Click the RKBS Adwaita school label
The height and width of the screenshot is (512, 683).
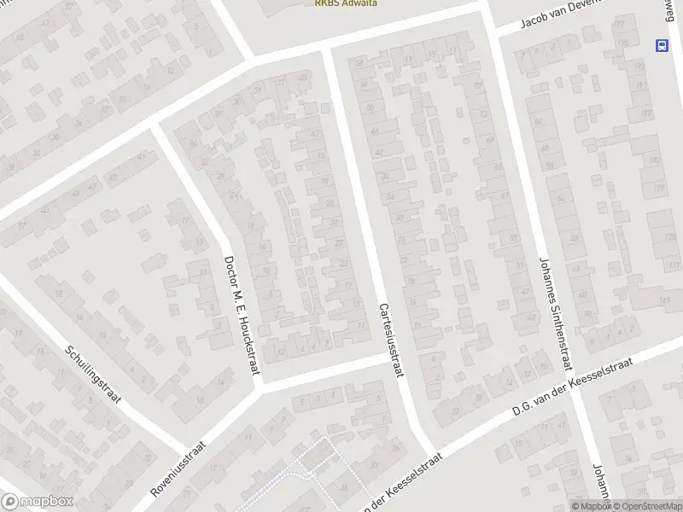coord(346,3)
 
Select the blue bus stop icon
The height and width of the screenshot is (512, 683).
coord(662,45)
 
